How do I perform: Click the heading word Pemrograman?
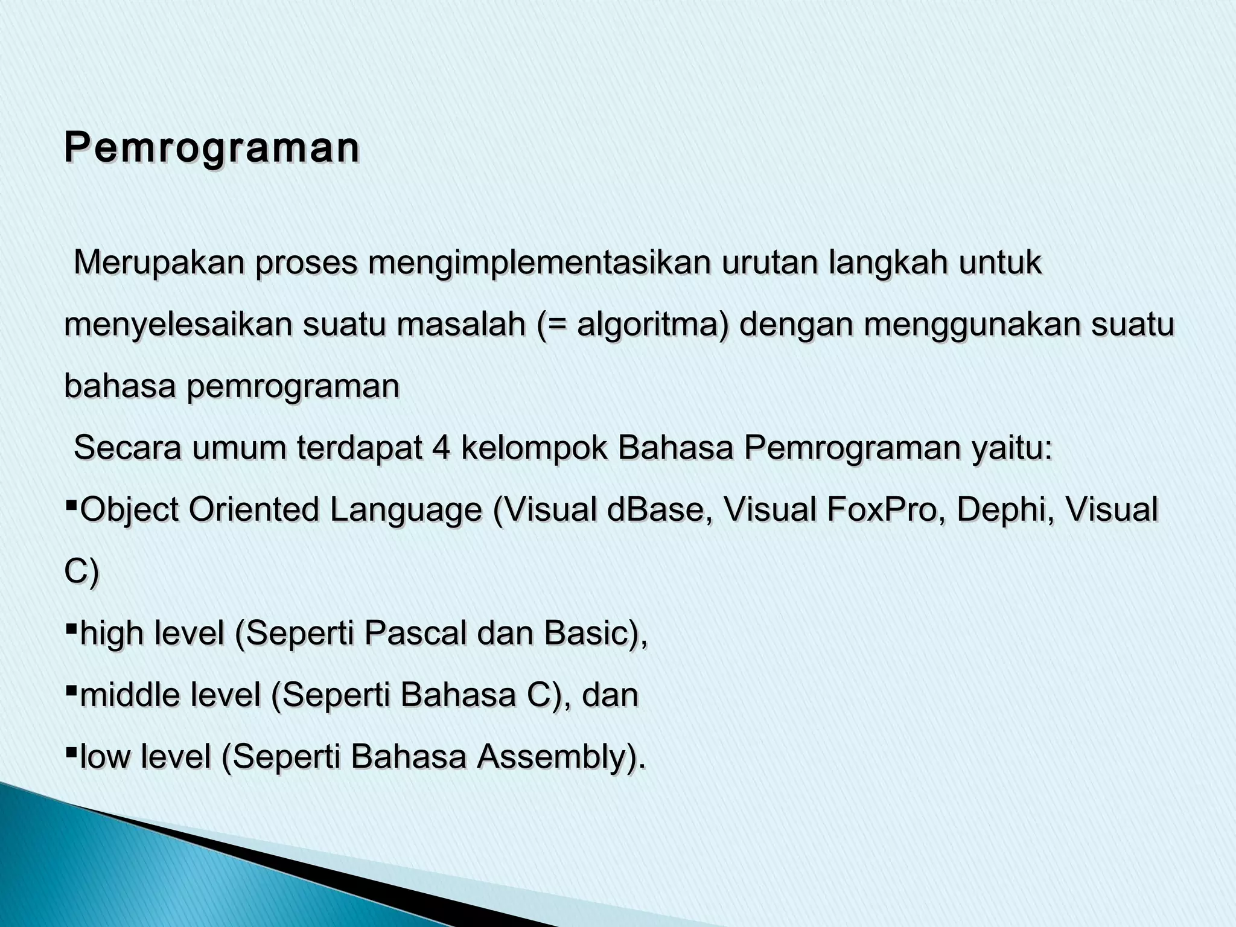point(212,148)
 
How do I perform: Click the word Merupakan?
point(159,263)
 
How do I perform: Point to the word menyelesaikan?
point(178,326)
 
